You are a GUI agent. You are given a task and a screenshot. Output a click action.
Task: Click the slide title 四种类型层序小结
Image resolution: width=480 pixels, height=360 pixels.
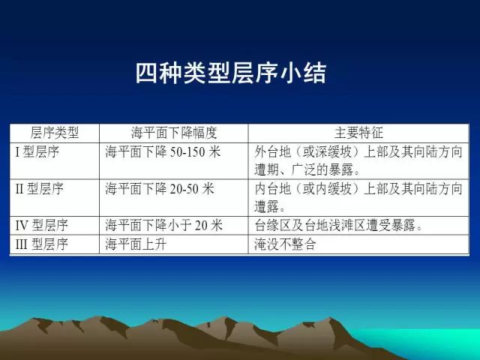click(x=231, y=73)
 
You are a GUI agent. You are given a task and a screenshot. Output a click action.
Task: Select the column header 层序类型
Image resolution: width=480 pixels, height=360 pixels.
click(x=55, y=133)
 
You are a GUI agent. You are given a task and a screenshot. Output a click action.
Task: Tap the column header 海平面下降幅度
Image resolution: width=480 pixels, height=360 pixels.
click(x=174, y=133)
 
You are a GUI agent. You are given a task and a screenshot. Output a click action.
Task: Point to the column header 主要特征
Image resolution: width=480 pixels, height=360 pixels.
click(x=358, y=133)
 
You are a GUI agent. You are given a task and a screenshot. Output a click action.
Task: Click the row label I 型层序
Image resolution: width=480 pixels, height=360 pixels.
click(x=37, y=151)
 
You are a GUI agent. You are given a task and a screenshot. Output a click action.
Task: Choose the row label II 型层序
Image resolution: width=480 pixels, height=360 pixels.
click(x=39, y=188)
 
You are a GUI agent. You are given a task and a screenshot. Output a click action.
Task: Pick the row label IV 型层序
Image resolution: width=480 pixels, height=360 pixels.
click(x=41, y=226)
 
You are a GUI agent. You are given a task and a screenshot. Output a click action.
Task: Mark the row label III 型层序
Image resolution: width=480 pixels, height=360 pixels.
click(x=41, y=244)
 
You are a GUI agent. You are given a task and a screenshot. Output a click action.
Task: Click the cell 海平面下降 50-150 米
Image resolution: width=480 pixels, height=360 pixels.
click(x=163, y=151)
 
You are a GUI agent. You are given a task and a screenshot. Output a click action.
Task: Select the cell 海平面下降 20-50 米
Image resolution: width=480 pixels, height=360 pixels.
click(x=160, y=188)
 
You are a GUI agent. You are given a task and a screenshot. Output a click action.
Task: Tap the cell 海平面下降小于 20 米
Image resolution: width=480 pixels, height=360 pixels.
click(x=163, y=226)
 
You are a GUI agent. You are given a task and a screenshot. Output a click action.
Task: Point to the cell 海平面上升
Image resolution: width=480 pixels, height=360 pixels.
click(x=136, y=244)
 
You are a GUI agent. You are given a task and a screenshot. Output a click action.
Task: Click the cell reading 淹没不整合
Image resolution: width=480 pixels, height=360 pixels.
click(x=285, y=244)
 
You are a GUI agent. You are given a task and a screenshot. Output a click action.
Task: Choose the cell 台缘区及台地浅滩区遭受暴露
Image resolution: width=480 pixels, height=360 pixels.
click(x=338, y=226)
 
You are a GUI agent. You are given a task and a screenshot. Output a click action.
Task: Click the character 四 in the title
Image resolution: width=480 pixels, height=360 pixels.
click(x=147, y=73)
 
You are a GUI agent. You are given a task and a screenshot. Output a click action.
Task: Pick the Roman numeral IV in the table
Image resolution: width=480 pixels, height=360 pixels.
click(x=22, y=226)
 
